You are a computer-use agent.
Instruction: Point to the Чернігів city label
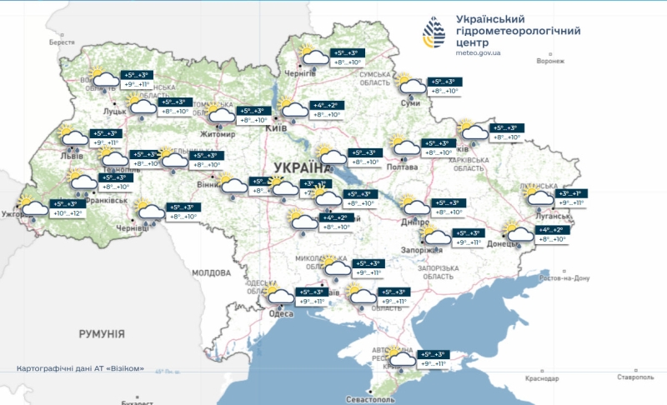click(x=301, y=73)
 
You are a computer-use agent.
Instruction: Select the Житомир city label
click(x=218, y=132)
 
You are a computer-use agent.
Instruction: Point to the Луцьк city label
click(x=114, y=109)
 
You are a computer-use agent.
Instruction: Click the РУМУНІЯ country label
click(x=102, y=333)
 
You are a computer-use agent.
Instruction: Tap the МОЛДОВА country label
click(x=210, y=272)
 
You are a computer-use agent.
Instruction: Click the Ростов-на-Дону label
click(x=565, y=277)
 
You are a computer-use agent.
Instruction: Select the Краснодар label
click(x=542, y=378)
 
